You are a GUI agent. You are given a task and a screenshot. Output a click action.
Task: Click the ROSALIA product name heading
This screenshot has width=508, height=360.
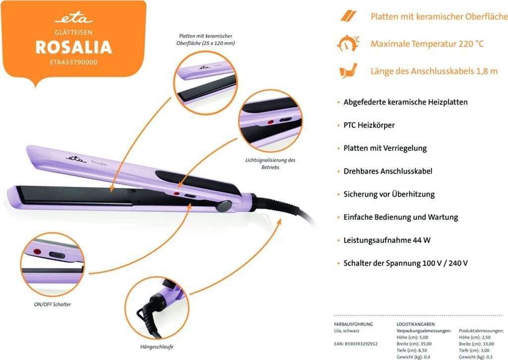pyautogui.click(x=73, y=47)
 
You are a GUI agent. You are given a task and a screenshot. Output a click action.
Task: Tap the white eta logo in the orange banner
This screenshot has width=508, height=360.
pyautogui.click(x=73, y=19)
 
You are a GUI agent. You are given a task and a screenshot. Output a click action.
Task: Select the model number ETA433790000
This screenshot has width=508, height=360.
pyautogui.click(x=73, y=62)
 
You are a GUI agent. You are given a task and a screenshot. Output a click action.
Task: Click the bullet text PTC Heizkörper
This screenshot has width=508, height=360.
pyautogui.click(x=369, y=125)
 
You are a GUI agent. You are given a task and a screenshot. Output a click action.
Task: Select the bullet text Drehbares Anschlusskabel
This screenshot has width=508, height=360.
pyautogui.click(x=387, y=171)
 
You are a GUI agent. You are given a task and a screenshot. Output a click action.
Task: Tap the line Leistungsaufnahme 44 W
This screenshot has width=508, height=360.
pyautogui.click(x=386, y=240)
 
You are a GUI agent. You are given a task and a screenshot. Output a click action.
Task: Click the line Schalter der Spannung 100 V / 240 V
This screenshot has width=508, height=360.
pyautogui.click(x=406, y=263)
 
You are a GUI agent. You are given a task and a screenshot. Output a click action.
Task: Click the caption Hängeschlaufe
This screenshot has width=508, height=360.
pyautogui.click(x=157, y=347)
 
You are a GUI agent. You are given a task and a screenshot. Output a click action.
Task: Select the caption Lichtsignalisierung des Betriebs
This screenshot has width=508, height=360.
pyautogui.click(x=270, y=164)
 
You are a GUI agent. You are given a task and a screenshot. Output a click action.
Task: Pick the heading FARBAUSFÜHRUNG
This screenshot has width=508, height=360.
pyautogui.click(x=353, y=324)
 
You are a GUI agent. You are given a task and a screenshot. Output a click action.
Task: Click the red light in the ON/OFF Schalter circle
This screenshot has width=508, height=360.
pyautogui.click(x=36, y=252)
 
